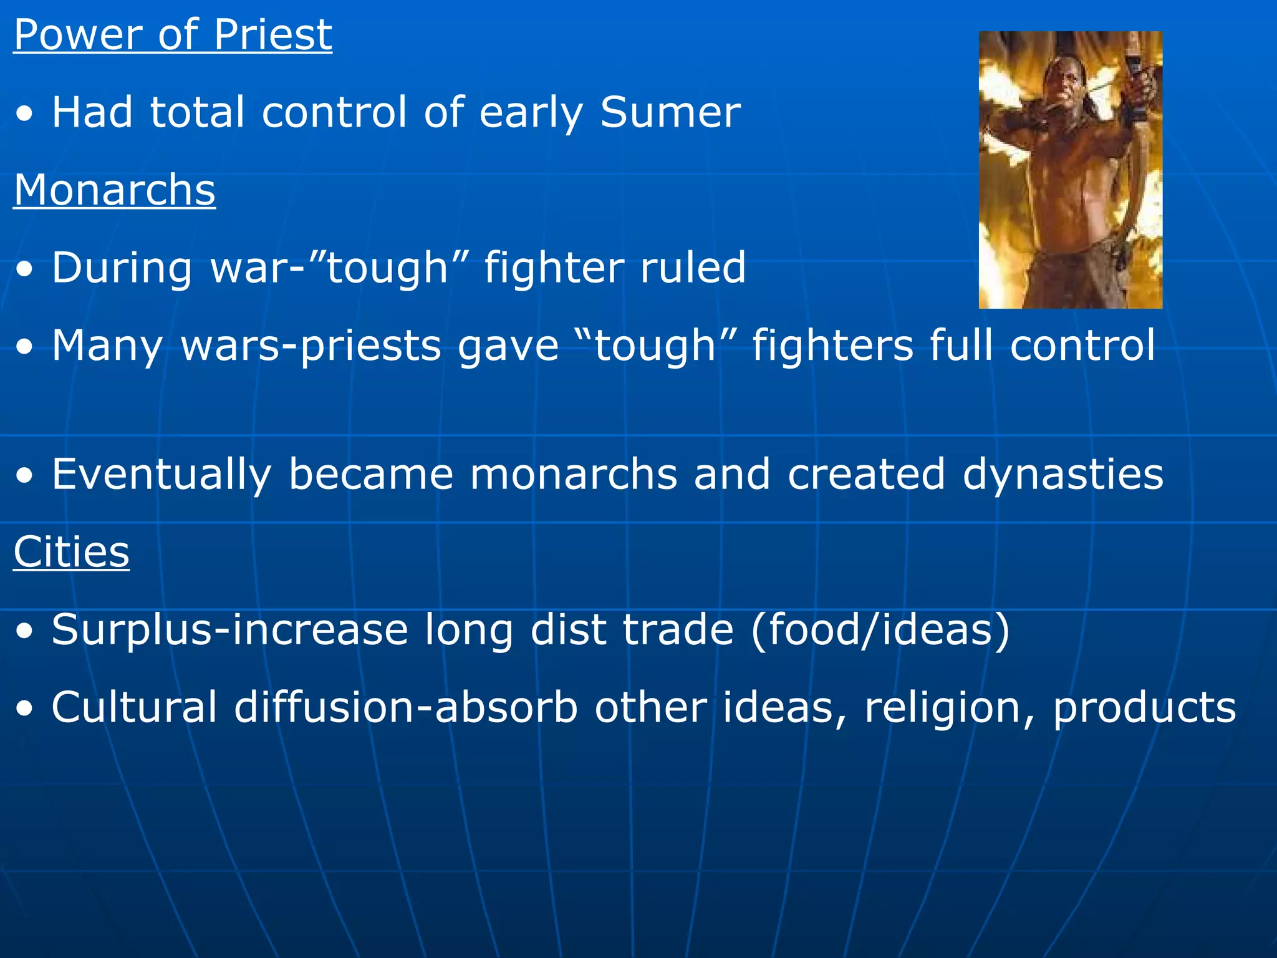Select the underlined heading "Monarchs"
pyautogui.click(x=115, y=190)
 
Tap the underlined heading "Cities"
pyautogui.click(x=72, y=552)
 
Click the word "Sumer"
pyautogui.click(x=670, y=112)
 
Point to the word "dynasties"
pyautogui.click(x=1063, y=474)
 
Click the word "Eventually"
pyautogui.click(x=162, y=475)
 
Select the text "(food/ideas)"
pyautogui.click(x=880, y=629)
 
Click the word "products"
pyautogui.click(x=1144, y=708)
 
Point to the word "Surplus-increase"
pyautogui.click(x=230, y=630)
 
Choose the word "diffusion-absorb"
pyautogui.click(x=406, y=707)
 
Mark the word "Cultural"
pyautogui.click(x=134, y=707)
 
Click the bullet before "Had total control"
pyautogui.click(x=25, y=114)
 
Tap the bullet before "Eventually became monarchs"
pyautogui.click(x=25, y=475)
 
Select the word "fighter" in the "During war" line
pyautogui.click(x=554, y=268)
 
